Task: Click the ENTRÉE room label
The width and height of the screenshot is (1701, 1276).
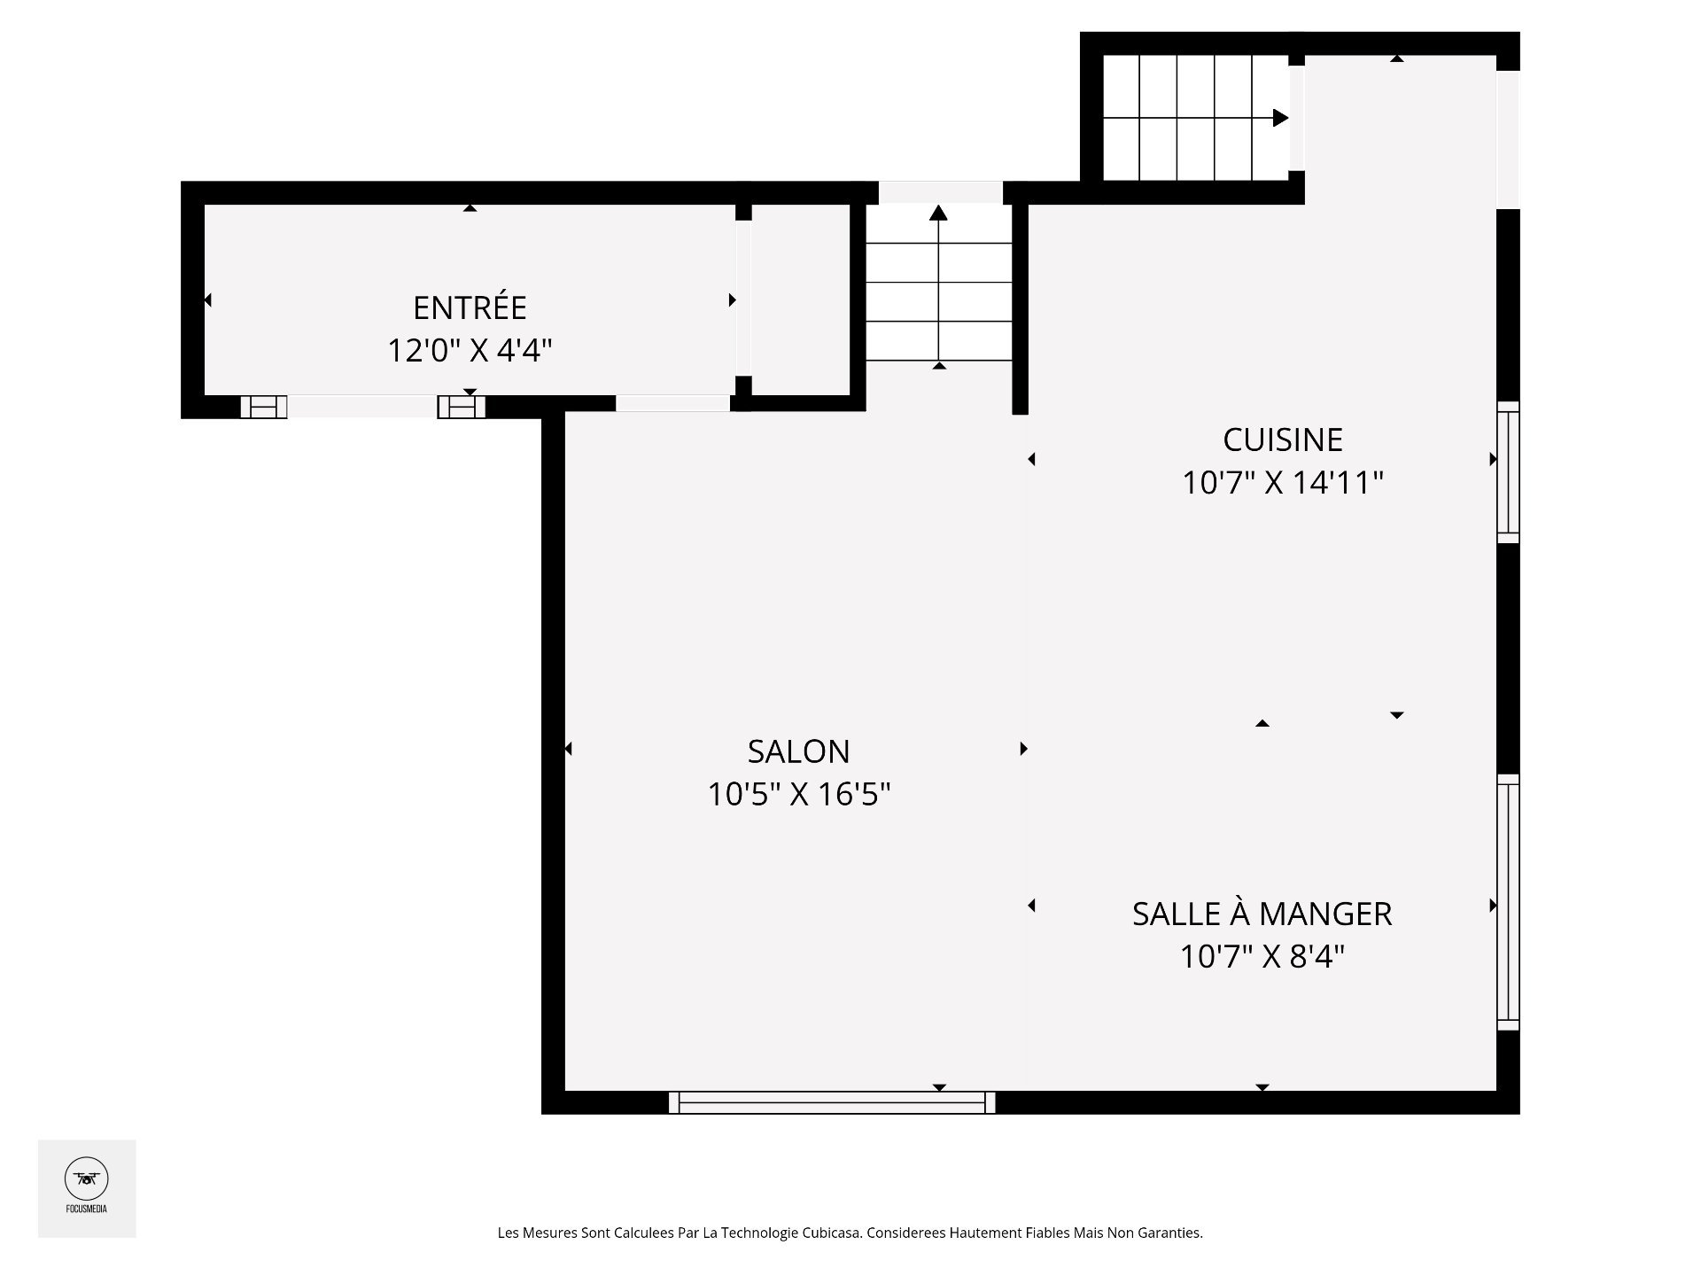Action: [470, 307]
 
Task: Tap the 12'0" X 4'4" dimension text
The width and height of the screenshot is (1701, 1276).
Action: [470, 351]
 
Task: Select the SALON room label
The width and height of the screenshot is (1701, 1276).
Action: [798, 751]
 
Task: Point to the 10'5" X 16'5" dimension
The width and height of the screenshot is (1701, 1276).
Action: [798, 794]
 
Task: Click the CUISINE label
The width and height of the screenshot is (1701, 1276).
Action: [1283, 440]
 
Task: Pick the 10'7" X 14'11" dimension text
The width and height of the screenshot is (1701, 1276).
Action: [1283, 483]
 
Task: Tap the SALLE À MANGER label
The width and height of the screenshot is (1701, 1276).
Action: [1262, 914]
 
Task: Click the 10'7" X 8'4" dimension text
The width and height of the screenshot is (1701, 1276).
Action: [1262, 957]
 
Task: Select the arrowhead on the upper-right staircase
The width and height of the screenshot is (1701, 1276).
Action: [1281, 118]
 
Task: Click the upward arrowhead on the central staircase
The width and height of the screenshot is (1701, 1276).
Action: [939, 212]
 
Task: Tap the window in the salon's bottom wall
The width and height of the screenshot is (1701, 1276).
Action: [832, 1102]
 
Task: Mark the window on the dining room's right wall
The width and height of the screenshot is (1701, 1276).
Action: [1508, 902]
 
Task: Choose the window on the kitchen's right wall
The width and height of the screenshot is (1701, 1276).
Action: [1508, 472]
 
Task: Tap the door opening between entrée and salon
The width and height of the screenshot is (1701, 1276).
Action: [672, 403]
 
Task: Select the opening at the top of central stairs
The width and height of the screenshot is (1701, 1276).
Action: [940, 192]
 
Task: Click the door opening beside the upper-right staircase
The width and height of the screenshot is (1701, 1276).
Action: [1296, 118]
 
